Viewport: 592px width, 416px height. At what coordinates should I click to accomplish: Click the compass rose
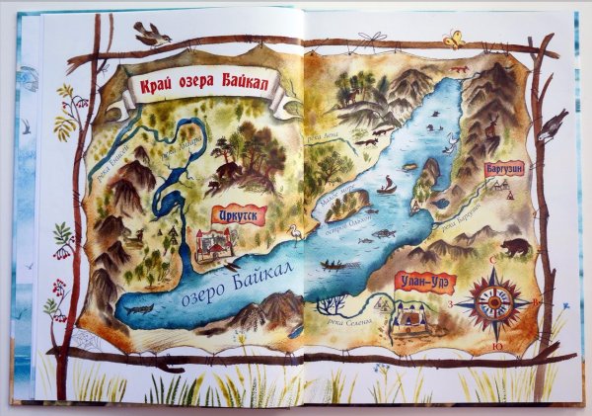pyautogui.click(x=493, y=300)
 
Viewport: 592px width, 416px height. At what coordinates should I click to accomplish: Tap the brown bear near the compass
pyautogui.click(x=513, y=246)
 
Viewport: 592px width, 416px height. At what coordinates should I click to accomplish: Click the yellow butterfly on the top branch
pyautogui.click(x=454, y=39)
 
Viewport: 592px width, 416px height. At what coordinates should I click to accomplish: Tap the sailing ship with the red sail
pyautogui.click(x=388, y=185)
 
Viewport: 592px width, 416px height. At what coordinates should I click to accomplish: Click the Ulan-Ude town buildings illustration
pyautogui.click(x=411, y=316)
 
